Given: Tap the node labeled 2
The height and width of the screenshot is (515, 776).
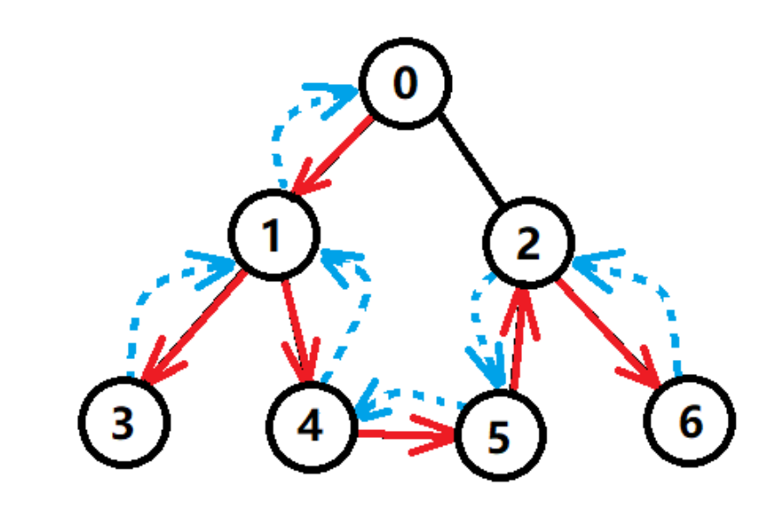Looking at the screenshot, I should (528, 245).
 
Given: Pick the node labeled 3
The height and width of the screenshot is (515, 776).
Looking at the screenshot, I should (123, 425).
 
